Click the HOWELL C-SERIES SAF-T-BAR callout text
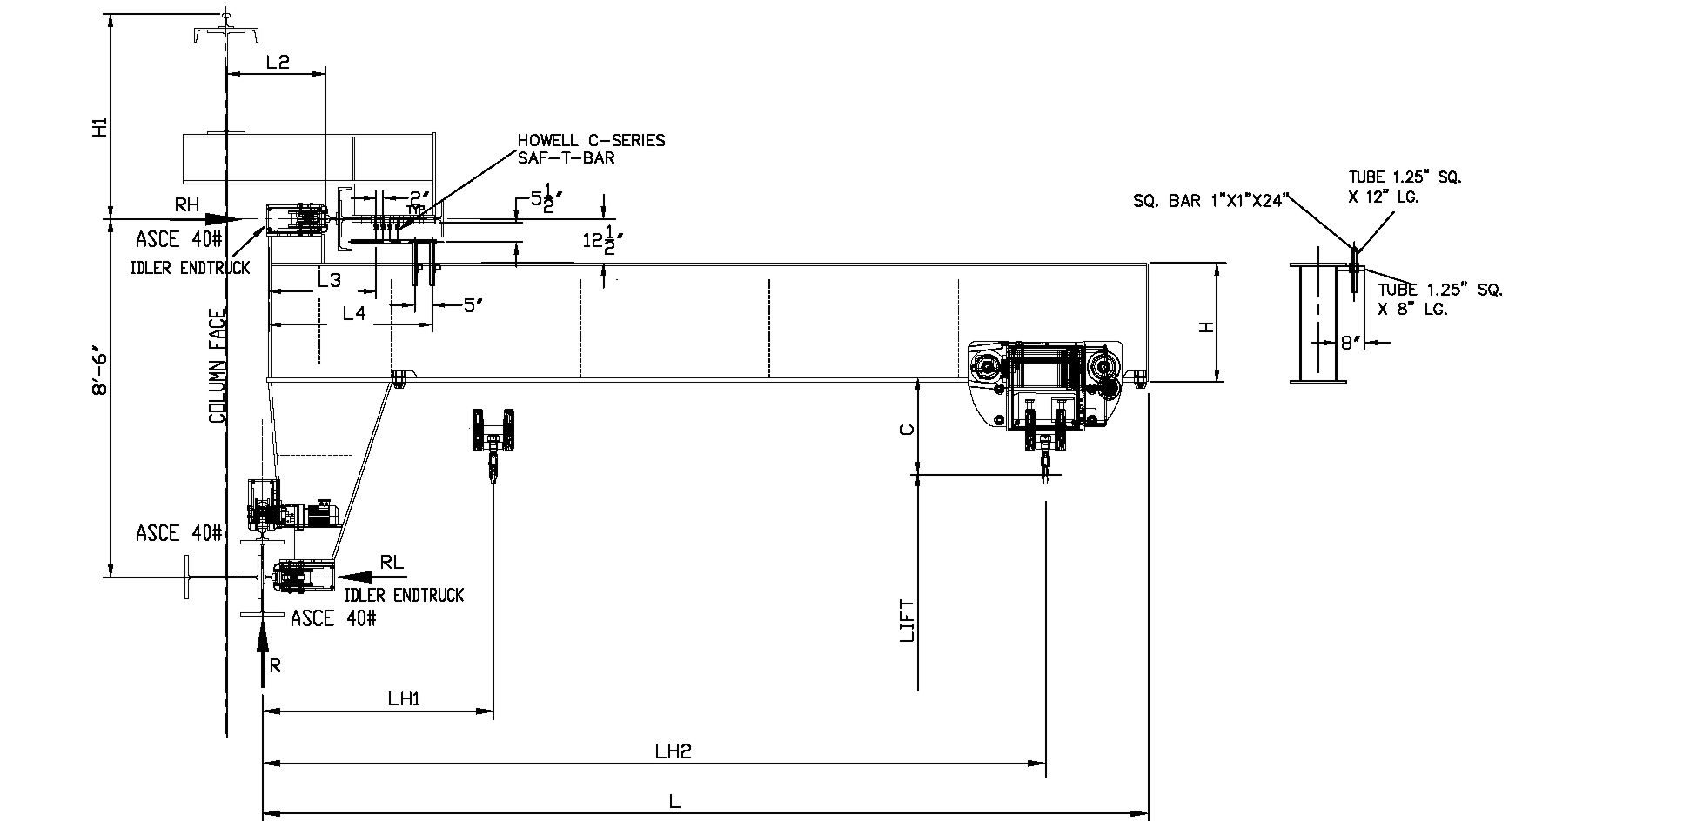[591, 149]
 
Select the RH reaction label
[187, 205]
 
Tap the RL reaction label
[392, 562]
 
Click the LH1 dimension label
[405, 698]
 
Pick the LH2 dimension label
[673, 750]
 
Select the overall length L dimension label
[674, 802]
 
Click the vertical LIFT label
[907, 621]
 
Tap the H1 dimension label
[101, 127]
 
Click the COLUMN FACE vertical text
[217, 366]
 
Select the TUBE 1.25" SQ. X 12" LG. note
[1405, 187]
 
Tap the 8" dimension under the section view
[1350, 343]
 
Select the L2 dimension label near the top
[278, 62]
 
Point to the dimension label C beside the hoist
[907, 430]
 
